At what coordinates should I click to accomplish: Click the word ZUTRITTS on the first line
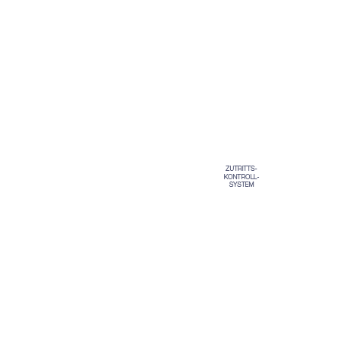click(240, 169)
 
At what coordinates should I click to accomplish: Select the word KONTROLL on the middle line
click(240, 177)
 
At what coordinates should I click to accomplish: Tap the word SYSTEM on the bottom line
click(242, 185)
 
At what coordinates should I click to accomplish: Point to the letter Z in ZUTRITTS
click(227, 169)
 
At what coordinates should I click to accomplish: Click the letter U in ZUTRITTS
click(232, 169)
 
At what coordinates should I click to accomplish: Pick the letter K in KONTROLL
click(226, 177)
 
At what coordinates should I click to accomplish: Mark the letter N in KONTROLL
click(235, 177)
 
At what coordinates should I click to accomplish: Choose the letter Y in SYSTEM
click(235, 185)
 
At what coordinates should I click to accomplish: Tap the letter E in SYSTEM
click(247, 185)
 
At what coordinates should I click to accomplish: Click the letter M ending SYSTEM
click(251, 185)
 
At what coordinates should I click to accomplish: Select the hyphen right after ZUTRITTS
click(256, 169)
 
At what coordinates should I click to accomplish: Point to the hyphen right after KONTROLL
click(258, 177)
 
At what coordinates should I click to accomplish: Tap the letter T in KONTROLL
click(238, 177)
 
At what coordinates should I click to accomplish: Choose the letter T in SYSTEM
click(243, 185)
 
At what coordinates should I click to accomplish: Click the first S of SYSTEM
click(231, 185)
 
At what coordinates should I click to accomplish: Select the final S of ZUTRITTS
click(253, 169)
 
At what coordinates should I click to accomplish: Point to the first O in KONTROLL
click(230, 177)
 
